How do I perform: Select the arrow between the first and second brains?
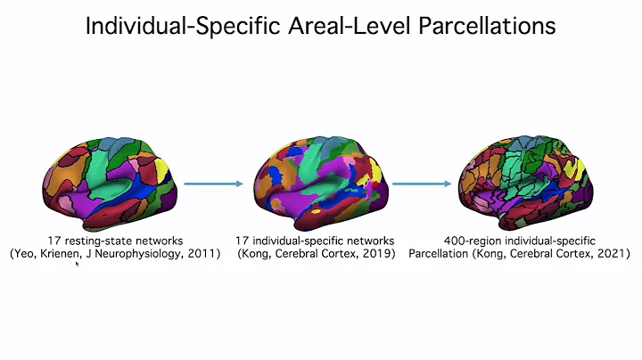213,184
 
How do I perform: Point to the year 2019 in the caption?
377,255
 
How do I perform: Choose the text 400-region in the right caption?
472,241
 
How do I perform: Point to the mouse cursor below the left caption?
77,264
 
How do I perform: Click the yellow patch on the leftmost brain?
161,168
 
